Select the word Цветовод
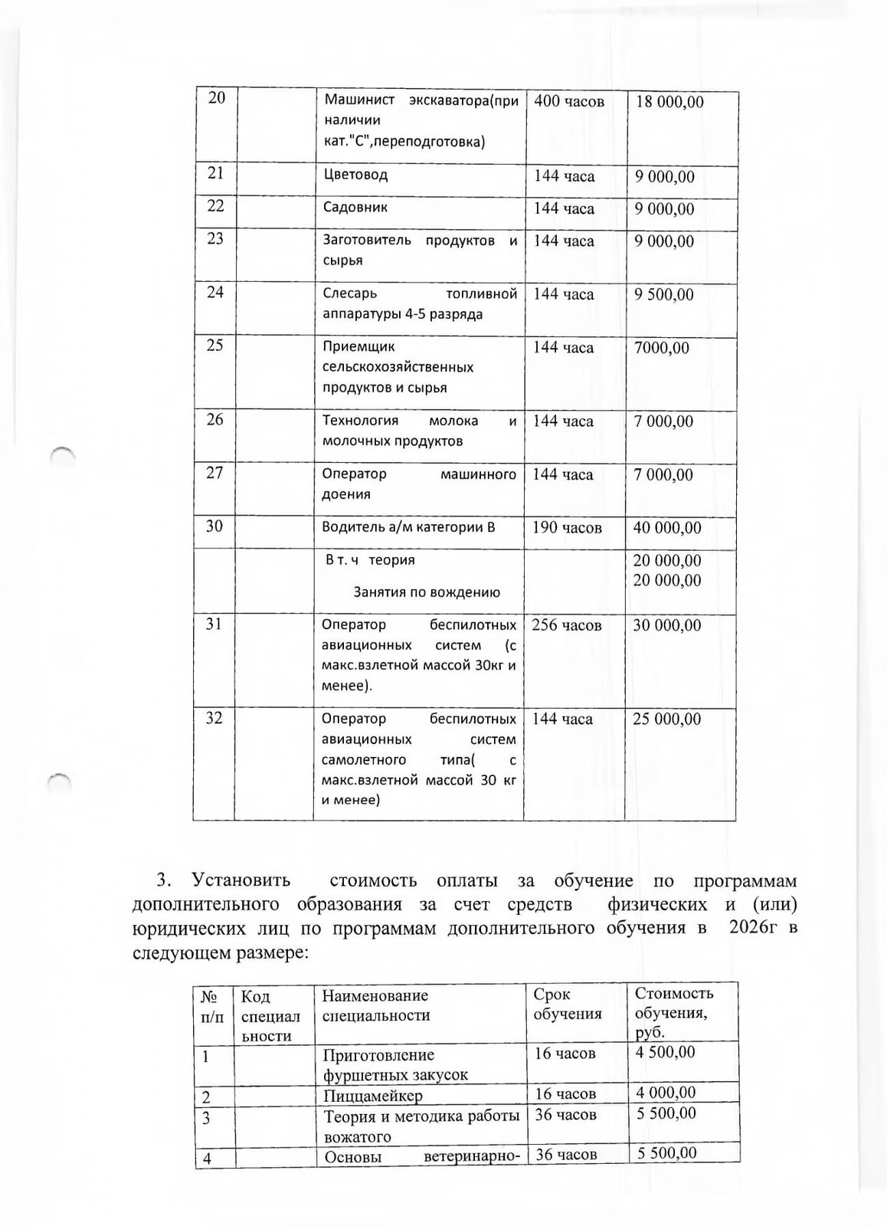(x=355, y=175)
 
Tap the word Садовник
(x=355, y=207)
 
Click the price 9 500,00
(x=663, y=294)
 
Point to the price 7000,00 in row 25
(x=661, y=348)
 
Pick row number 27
(x=214, y=473)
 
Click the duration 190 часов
(x=567, y=527)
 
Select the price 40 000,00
(x=666, y=527)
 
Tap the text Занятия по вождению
(x=427, y=592)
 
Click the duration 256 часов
(x=567, y=625)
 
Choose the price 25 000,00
(x=666, y=719)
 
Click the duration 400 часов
(x=568, y=101)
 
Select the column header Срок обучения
(x=568, y=1004)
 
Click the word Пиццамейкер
(x=373, y=1096)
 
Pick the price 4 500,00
(x=666, y=1052)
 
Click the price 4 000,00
(x=666, y=1093)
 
